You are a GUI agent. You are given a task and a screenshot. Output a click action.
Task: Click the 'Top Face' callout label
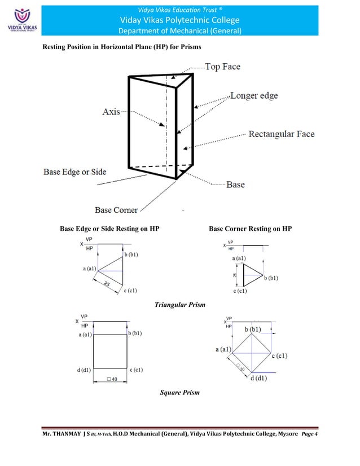(222, 67)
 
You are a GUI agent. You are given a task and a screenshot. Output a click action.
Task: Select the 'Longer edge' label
(254, 96)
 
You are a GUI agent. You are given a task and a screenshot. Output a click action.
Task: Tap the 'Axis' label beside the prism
(111, 112)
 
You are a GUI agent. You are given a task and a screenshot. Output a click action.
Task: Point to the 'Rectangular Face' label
(282, 134)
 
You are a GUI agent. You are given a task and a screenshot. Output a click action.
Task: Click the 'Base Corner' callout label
(116, 210)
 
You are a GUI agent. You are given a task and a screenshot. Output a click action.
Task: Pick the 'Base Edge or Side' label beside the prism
(74, 172)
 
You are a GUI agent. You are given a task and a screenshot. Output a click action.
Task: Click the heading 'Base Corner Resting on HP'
(250, 229)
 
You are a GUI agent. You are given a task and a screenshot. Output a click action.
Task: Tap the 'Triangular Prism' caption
(179, 305)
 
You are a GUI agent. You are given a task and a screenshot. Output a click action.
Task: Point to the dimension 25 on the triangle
(106, 284)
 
